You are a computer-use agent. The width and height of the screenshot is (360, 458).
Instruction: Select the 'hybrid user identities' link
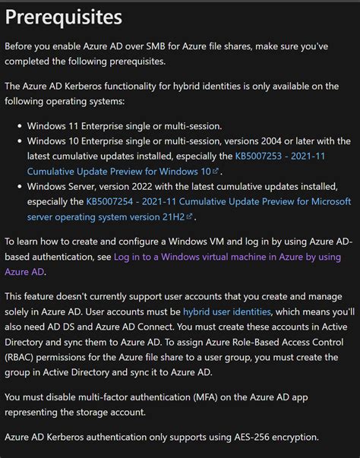[226, 311]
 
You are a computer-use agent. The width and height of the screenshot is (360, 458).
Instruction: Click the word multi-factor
[103, 396]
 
